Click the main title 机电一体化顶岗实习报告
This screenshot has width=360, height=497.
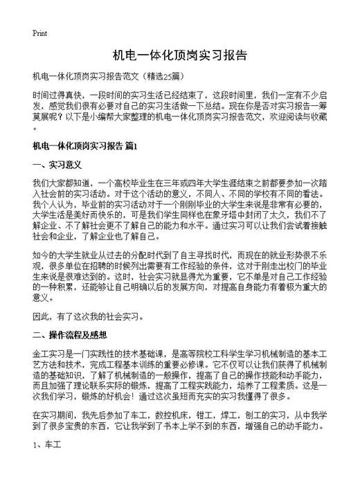click(x=179, y=55)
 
